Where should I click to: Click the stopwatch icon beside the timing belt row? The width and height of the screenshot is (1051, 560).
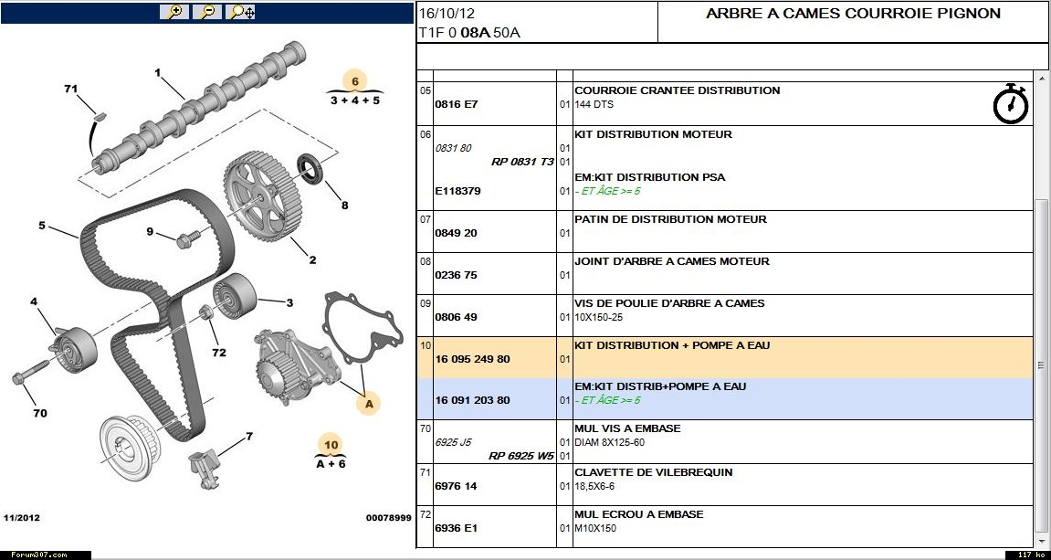[1010, 103]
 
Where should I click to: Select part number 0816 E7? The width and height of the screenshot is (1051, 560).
[457, 104]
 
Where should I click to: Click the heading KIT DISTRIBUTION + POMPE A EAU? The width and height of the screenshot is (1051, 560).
[673, 345]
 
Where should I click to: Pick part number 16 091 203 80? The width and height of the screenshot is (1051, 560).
[472, 400]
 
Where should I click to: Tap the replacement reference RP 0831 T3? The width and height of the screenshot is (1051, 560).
[522, 162]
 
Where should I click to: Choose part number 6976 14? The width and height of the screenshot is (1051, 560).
[457, 486]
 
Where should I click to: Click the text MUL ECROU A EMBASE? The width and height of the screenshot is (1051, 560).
[638, 514]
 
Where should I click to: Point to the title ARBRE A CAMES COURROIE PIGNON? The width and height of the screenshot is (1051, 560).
[853, 14]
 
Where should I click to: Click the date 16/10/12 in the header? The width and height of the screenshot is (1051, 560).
[447, 14]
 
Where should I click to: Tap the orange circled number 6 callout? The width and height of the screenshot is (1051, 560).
[354, 80]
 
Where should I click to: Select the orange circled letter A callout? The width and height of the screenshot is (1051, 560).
[369, 402]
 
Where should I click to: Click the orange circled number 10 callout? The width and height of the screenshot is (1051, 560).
[331, 445]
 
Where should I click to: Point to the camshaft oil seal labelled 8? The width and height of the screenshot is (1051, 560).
[311, 170]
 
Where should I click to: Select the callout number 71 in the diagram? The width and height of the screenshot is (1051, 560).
[71, 89]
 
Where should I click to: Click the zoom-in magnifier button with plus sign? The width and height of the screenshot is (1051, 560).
[173, 12]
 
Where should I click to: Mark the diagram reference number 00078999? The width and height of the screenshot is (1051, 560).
[388, 518]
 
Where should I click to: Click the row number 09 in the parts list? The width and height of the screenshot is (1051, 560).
[425, 303]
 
